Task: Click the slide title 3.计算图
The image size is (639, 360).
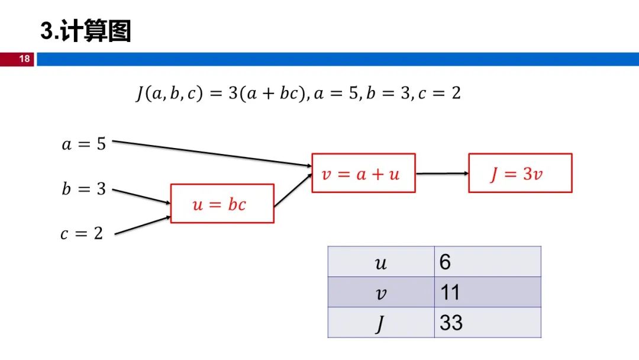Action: (85, 31)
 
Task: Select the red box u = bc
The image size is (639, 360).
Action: (222, 204)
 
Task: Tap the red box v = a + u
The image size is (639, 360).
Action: (363, 173)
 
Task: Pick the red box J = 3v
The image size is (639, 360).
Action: (520, 173)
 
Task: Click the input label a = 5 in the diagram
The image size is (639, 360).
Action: (84, 144)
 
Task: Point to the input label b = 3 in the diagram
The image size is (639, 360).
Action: (84, 189)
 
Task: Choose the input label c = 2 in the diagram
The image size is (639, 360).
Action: (82, 233)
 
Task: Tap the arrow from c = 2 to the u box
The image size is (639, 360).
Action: (142, 226)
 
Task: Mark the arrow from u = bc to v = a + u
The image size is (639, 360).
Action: (293, 189)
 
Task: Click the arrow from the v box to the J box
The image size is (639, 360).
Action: (441, 173)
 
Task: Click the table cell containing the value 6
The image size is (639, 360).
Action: (487, 262)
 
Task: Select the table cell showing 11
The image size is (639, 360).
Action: (487, 292)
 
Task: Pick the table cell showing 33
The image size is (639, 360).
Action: (487, 323)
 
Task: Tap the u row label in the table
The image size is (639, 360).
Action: (381, 262)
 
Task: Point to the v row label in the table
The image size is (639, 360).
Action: (381, 292)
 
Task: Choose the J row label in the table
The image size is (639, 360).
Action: (381, 323)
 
